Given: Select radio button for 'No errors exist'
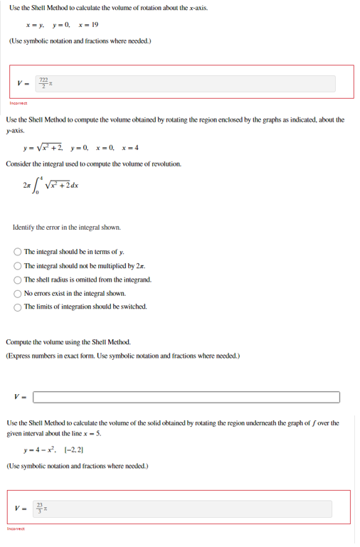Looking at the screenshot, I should coord(18,293).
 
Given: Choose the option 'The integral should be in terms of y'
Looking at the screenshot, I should coord(18,251).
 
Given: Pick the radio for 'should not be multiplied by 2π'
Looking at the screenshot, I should coord(18,265).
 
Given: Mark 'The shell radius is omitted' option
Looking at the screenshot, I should coord(18,280).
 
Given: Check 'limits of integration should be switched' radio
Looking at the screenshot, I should coord(18,307).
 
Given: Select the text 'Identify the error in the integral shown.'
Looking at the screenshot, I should coord(67,228).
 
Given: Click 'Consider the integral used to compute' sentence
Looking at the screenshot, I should coord(93,164).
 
